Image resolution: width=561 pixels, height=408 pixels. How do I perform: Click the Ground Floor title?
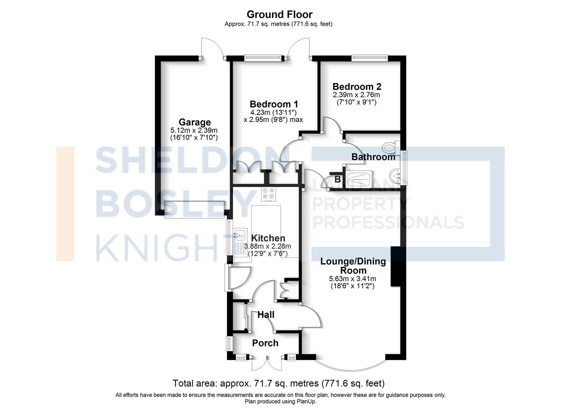point(280,14)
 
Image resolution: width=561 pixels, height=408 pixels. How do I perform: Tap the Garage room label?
point(195,122)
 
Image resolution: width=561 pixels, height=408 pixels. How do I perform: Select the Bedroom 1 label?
point(274,104)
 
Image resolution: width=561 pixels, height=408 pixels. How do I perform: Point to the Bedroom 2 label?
point(357,87)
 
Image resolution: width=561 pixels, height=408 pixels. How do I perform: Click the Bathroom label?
point(373,157)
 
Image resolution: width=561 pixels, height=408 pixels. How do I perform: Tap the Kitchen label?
point(268,238)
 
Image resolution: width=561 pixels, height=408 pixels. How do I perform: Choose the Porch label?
point(265,343)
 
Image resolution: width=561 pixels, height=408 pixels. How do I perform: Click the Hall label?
point(266,315)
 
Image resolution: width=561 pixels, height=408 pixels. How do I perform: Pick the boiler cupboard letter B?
point(338,179)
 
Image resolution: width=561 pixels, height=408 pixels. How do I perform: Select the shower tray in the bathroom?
point(359,179)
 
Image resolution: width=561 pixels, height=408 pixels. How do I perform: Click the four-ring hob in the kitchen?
point(269,194)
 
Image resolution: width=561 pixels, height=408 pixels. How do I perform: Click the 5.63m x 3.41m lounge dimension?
point(352,278)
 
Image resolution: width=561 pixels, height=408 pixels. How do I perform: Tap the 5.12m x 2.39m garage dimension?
point(194,130)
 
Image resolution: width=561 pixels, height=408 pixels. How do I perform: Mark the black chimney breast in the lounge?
point(396,266)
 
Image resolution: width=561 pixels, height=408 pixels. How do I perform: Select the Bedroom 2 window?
point(370,58)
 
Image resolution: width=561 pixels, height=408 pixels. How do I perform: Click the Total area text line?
point(278,383)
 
